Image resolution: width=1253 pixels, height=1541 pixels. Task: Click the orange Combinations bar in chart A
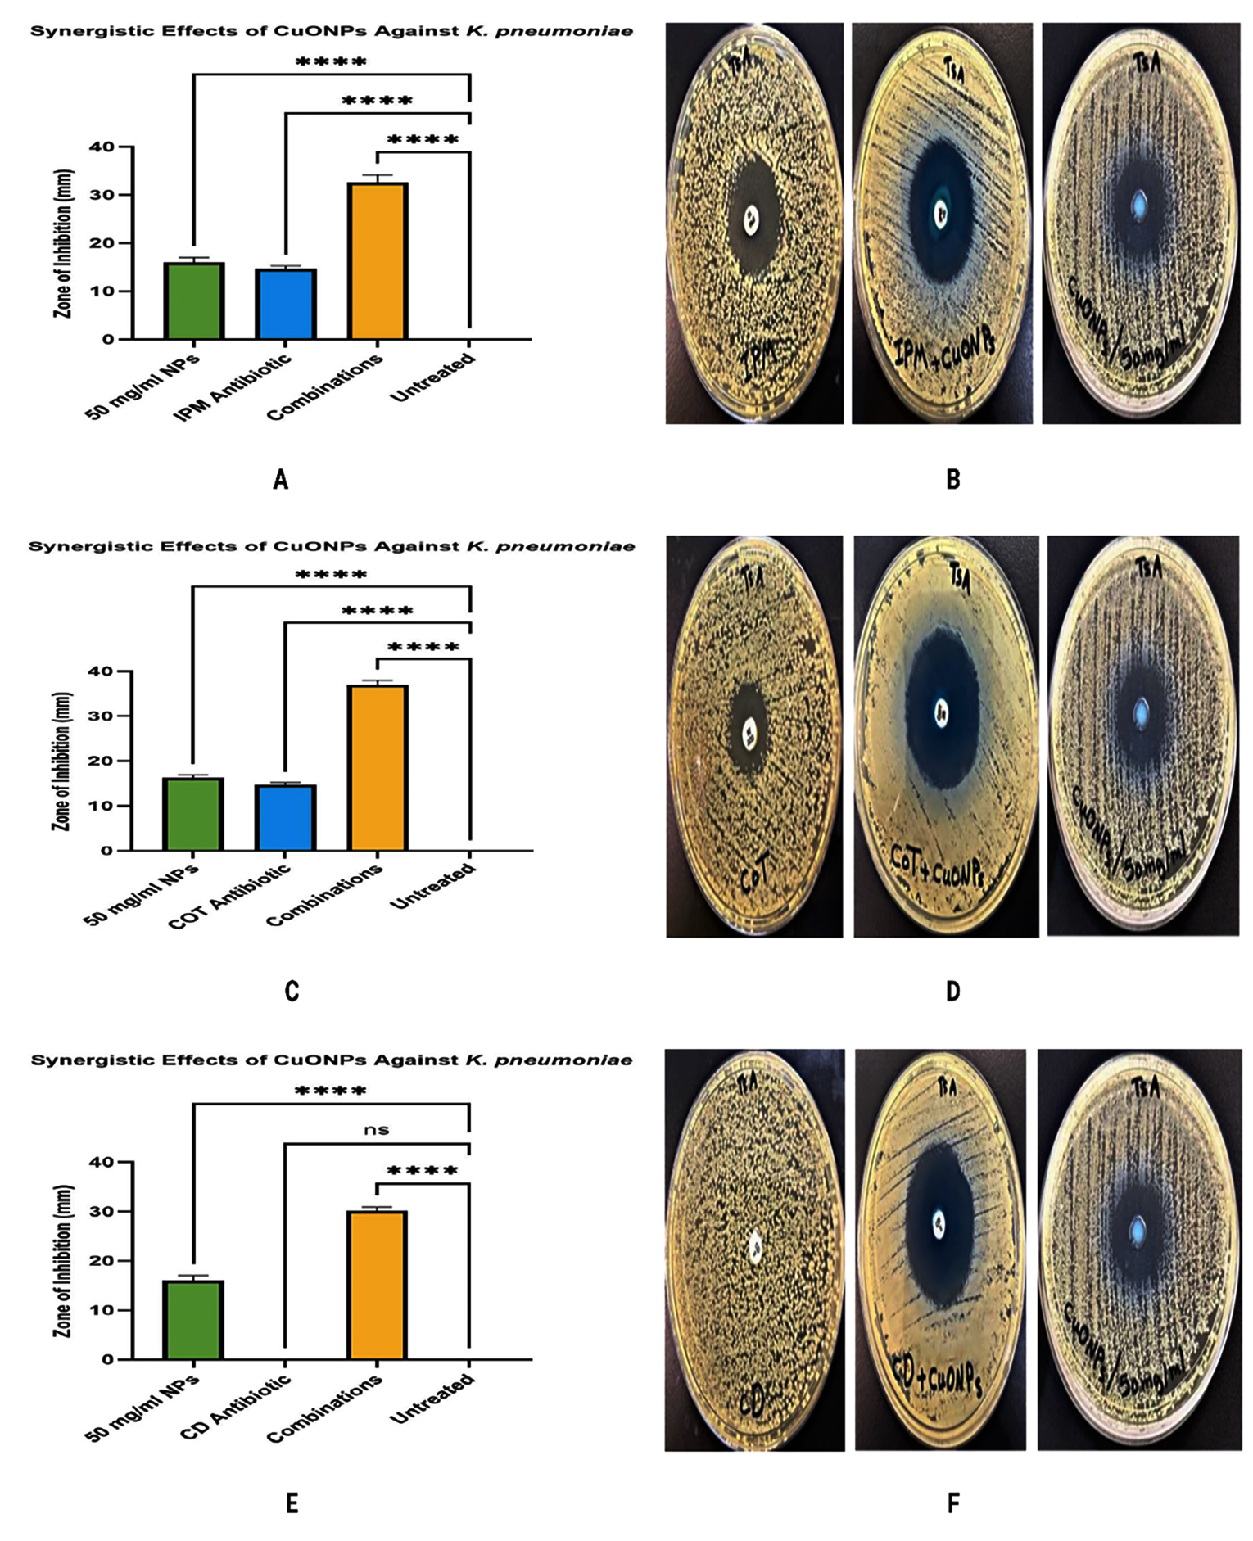click(378, 260)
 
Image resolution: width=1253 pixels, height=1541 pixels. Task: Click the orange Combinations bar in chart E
click(377, 1285)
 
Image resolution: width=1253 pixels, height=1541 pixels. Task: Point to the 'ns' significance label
click(377, 1130)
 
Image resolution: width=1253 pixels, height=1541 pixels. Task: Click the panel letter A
click(281, 480)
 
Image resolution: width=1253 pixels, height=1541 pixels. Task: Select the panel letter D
click(952, 992)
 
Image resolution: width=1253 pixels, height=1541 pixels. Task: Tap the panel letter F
click(952, 1503)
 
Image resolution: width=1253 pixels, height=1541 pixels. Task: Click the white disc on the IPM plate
click(751, 219)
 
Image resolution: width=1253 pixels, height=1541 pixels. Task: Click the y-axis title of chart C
click(62, 761)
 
